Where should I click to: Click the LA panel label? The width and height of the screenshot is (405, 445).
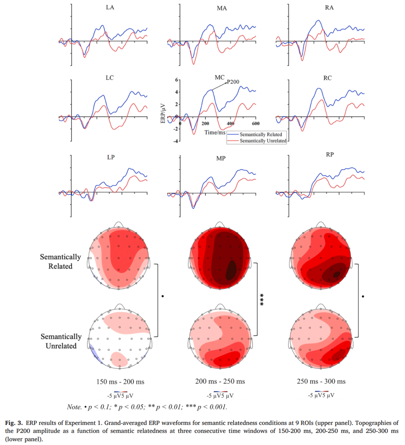[110, 7]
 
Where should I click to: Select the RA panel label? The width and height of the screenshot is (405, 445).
[329, 7]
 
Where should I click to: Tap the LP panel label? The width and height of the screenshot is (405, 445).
[111, 157]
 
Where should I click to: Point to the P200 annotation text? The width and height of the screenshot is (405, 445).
[233, 82]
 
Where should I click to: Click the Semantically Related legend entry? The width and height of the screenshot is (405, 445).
[261, 134]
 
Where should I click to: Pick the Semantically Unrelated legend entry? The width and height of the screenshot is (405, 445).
[263, 141]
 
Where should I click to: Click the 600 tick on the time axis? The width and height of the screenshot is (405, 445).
[255, 124]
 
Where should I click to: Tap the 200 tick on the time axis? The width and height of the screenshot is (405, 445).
[205, 124]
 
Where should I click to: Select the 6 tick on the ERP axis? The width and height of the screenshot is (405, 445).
[176, 80]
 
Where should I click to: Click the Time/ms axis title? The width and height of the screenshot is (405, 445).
[215, 132]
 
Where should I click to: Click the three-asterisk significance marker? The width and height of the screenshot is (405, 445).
[262, 299]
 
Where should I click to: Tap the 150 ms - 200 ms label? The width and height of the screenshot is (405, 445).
[120, 382]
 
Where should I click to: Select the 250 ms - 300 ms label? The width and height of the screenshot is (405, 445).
[321, 381]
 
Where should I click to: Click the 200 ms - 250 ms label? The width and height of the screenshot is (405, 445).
[220, 381]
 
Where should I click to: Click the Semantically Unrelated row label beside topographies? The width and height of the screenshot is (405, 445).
[61, 341]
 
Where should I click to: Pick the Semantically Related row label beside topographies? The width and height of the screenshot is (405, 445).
[60, 261]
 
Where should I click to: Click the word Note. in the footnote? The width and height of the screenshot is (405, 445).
[74, 407]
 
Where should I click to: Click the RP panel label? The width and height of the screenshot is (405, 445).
[330, 155]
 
